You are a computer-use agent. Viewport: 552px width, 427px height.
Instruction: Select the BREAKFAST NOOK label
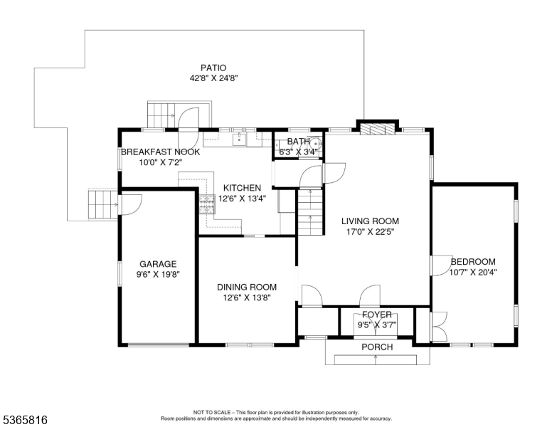point(160,152)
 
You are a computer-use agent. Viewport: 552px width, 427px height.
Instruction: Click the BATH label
point(299,141)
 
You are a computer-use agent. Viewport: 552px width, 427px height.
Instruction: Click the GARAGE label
point(157,263)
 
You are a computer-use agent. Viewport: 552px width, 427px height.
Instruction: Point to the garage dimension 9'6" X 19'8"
point(157,274)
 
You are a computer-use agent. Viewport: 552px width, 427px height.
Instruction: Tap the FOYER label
point(376,314)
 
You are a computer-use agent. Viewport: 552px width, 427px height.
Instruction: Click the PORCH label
point(376,347)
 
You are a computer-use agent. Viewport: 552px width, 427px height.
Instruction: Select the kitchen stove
point(207,204)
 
